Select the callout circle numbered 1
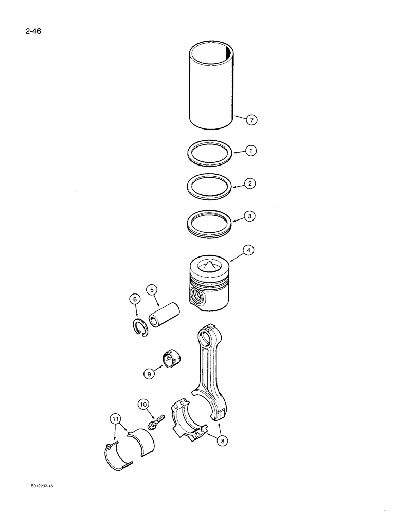coord(250,151)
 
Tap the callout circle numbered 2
coord(250,183)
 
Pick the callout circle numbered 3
coord(250,216)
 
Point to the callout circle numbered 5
coord(152,289)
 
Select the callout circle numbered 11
coord(116,419)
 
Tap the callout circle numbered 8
coord(222,439)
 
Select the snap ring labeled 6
coord(138,328)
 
